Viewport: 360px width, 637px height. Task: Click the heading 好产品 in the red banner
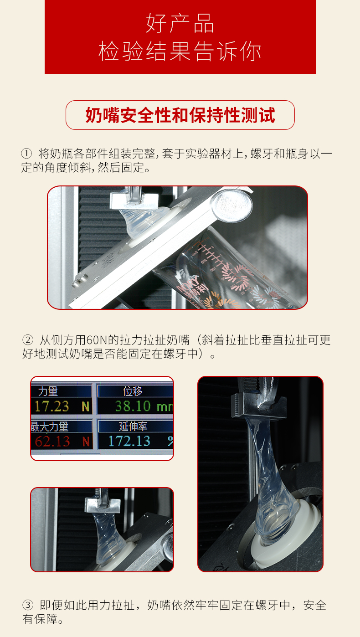click(180, 23)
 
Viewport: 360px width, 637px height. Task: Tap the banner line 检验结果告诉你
click(180, 51)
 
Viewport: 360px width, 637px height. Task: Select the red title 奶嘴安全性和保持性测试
click(180, 115)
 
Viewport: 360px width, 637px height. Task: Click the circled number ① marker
click(26, 154)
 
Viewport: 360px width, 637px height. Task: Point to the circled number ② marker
click(28, 340)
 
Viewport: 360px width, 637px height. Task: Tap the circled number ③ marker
click(28, 605)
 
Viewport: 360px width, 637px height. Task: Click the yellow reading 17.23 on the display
click(52, 406)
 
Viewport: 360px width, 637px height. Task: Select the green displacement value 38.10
click(133, 406)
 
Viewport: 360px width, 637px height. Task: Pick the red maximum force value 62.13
click(52, 442)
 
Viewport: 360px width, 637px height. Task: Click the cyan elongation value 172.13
click(129, 441)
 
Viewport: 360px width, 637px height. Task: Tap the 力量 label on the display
click(48, 391)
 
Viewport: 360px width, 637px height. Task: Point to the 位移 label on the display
click(133, 391)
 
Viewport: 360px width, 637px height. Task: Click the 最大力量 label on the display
click(50, 426)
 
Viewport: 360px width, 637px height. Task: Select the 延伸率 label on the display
click(133, 426)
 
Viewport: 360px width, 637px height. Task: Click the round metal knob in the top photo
click(231, 205)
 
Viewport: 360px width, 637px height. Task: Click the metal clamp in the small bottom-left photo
click(102, 503)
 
